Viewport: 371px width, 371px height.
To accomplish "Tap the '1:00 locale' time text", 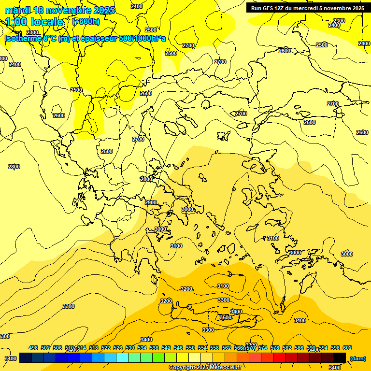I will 34,22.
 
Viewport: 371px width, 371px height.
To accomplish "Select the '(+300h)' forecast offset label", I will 86,21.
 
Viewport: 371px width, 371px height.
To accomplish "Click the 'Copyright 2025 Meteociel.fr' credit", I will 205,368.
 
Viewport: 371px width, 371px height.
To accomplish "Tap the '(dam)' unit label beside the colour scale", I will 358,358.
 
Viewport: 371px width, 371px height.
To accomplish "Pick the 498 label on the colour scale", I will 33,348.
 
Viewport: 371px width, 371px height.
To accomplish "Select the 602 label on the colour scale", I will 347,348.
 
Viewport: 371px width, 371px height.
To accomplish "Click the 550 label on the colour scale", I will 190,348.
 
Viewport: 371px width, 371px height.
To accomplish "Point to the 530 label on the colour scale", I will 130,348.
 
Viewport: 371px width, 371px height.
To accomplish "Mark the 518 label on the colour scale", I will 94,348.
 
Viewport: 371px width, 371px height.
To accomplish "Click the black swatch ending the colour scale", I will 340,357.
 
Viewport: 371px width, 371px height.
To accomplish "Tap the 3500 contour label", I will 225,317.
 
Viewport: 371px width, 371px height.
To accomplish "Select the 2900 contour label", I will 151,202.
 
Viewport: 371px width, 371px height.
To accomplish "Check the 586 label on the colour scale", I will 299,348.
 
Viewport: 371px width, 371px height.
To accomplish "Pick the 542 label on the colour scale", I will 166,348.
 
